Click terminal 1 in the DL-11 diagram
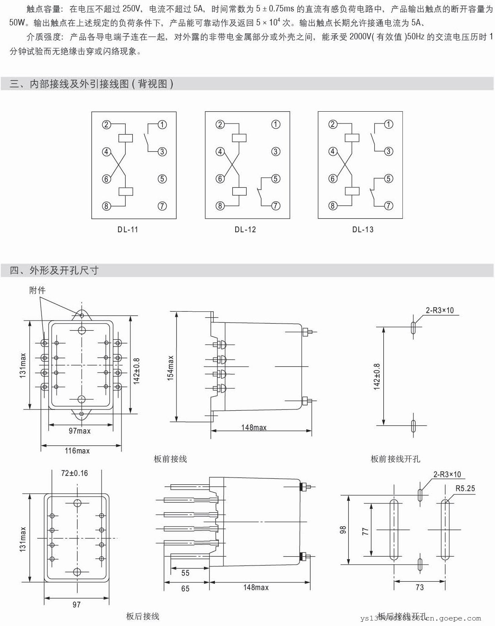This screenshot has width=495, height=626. pos(162,124)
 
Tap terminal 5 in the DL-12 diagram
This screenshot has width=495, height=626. pos(275,178)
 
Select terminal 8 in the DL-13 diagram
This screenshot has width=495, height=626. pos(333,206)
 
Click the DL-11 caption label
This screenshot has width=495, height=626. pos(128,230)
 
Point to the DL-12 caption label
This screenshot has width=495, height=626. pos(245,230)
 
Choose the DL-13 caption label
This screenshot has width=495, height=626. pos(363,230)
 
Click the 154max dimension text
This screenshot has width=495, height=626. pos(170,368)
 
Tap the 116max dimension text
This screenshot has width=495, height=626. pos(77,451)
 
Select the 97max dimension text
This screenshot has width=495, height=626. pos(80,431)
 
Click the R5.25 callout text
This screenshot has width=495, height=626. pos(465,489)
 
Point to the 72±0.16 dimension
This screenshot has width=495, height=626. pos(74,473)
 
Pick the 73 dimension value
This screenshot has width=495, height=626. pos(419,587)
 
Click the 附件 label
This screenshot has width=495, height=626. pos(37,290)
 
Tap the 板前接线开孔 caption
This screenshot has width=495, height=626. pos(395,459)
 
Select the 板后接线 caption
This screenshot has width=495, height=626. pos(143,616)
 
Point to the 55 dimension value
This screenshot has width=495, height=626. pos(185,573)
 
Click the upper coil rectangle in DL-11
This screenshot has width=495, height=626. pos(126,137)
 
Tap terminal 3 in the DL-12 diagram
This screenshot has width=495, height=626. pos(275,151)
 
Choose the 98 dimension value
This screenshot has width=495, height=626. pos(343,529)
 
